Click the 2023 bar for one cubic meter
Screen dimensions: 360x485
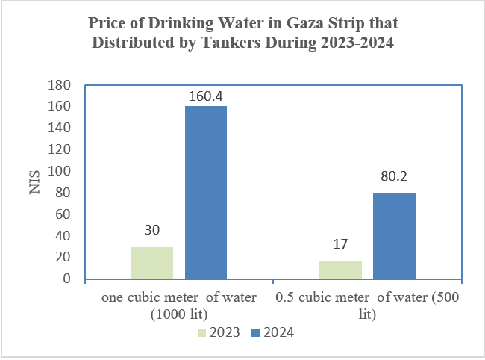click(152, 263)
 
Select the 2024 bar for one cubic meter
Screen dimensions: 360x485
click(206, 193)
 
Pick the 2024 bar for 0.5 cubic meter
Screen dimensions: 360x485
click(394, 236)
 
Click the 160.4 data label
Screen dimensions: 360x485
click(206, 96)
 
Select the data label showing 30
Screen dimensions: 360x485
click(152, 230)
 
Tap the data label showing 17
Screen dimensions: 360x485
click(341, 244)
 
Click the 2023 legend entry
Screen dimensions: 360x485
click(218, 332)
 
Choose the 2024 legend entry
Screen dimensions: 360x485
click(272, 332)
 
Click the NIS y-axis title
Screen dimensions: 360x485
click(34, 183)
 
